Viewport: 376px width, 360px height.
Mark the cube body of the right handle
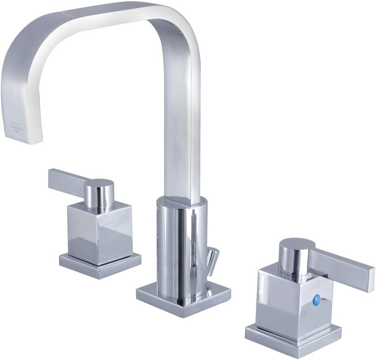coord(293,297)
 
